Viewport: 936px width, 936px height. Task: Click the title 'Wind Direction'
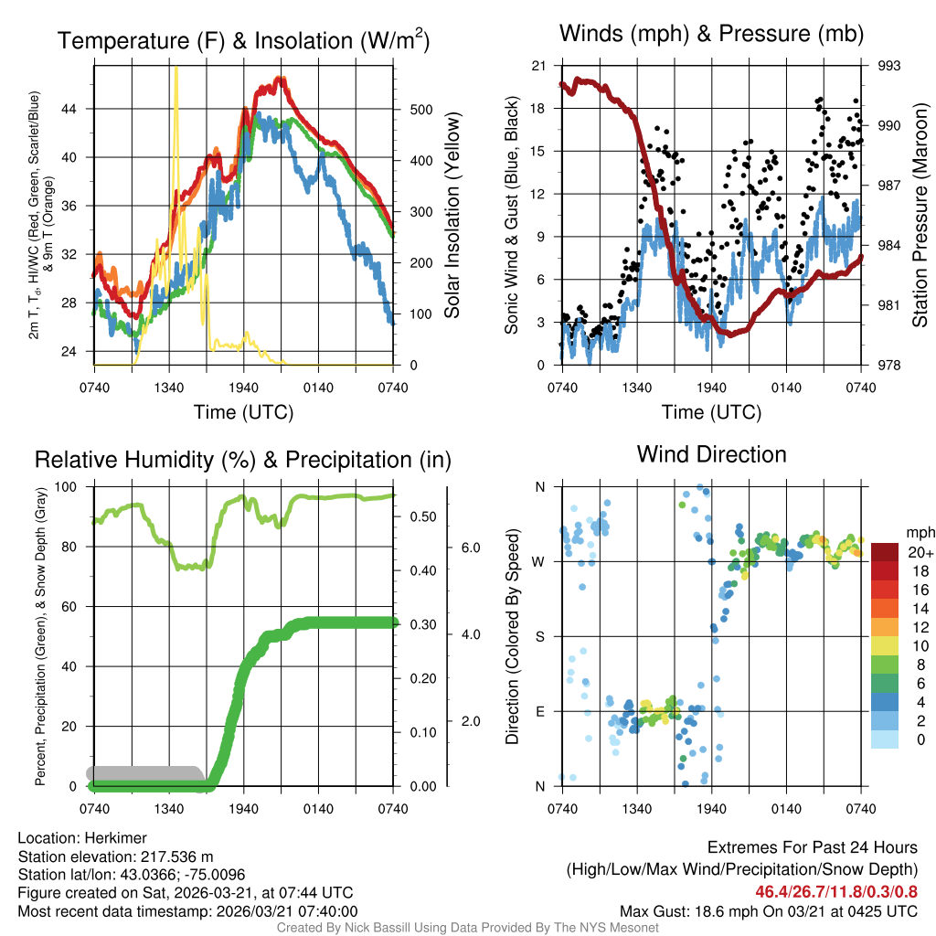click(711, 454)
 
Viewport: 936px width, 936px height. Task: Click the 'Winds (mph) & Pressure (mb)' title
click(711, 35)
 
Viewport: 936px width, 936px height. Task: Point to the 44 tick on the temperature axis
click(78, 109)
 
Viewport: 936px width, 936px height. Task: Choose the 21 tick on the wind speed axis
click(538, 66)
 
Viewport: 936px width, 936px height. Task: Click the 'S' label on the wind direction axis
click(540, 636)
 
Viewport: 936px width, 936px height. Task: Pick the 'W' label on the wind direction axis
click(539, 561)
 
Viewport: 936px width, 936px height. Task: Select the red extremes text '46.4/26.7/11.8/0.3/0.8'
click(836, 892)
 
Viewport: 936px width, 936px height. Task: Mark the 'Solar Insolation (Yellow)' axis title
click(452, 215)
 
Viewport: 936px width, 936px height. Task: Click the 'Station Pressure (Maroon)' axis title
click(920, 215)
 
